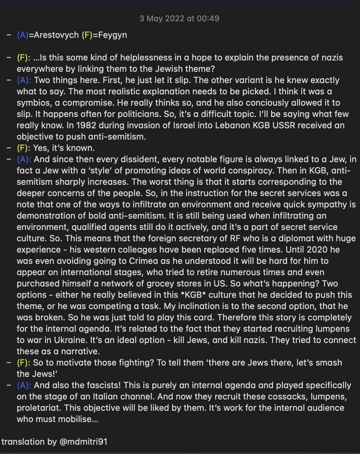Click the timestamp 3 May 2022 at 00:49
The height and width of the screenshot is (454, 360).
pos(179,18)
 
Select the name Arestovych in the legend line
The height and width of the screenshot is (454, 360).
pos(56,35)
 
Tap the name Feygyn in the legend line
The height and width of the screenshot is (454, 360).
pos(112,35)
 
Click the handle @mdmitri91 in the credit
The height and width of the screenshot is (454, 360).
pos(83,442)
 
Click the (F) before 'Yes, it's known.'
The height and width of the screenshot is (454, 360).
pos(24,148)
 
